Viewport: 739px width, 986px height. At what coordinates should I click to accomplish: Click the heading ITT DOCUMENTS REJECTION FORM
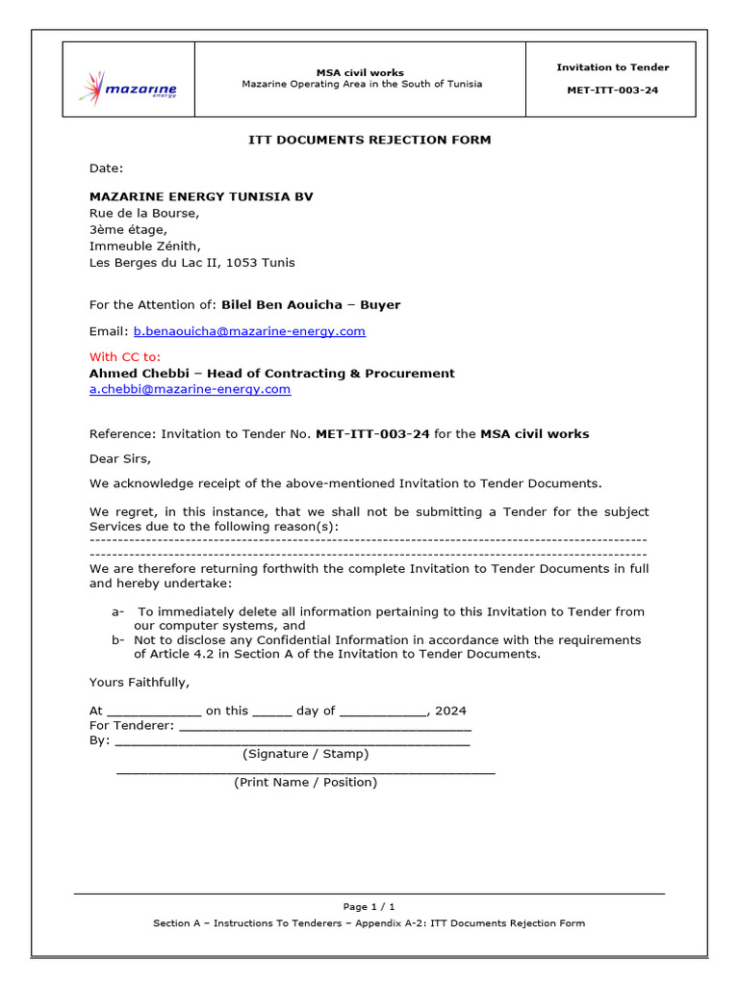369,140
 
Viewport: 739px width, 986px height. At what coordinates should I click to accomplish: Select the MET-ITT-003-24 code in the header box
612,91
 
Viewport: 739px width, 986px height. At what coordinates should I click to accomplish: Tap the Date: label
107,169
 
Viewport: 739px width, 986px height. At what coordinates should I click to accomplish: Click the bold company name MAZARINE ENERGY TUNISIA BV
201,196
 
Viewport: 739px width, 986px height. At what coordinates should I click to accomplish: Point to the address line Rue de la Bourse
144,213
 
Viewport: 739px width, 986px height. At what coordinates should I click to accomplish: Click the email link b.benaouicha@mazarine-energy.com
249,331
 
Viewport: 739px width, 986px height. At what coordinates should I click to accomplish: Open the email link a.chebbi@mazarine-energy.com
190,389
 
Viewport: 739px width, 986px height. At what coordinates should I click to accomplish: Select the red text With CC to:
125,356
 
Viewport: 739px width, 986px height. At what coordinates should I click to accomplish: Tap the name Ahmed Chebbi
135,373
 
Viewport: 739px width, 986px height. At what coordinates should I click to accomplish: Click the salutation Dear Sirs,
120,458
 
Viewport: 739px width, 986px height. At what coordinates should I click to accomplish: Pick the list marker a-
118,611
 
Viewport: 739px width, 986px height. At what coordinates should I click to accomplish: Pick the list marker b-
118,639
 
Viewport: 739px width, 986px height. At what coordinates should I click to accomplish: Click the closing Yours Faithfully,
140,683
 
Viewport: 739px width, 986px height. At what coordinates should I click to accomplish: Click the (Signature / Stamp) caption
306,754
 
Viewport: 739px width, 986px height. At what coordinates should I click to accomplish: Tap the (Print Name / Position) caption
306,782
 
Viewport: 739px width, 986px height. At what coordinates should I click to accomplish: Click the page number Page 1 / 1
369,906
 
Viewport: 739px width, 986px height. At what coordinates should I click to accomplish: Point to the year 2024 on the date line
450,711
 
